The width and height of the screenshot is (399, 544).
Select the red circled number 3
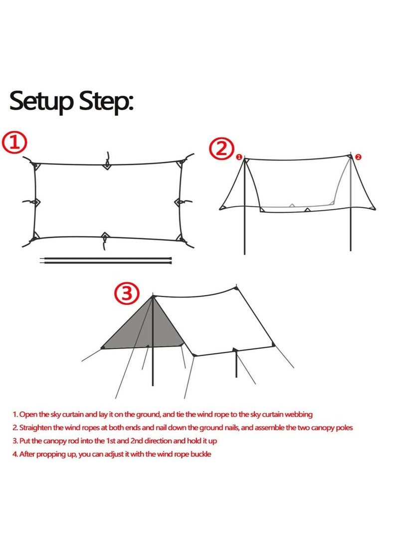[x=127, y=293]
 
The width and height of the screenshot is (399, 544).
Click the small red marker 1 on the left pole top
[x=239, y=157]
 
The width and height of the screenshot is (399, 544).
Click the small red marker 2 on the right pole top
[x=358, y=157]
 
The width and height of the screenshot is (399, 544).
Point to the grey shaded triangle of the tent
[x=145, y=329]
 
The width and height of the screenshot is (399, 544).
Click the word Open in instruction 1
[x=28, y=414]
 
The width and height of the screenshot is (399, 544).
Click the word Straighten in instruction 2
[x=36, y=427]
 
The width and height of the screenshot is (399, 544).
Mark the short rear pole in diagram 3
[x=235, y=364]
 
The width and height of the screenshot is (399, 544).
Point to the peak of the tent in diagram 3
[x=152, y=296]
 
